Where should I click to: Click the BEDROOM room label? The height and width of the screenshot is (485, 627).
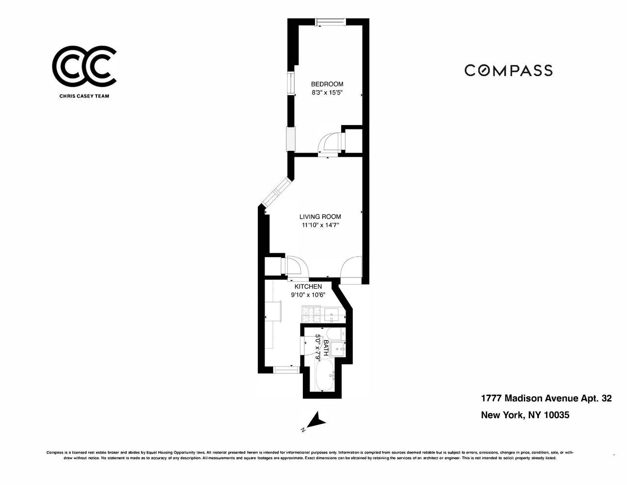[x=327, y=84]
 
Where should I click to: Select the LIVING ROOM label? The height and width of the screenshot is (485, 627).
[x=320, y=217]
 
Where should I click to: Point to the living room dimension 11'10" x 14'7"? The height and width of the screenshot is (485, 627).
[x=320, y=225]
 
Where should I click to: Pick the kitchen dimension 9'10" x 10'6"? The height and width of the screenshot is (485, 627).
[x=308, y=294]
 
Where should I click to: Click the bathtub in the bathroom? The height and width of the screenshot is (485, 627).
[x=323, y=376]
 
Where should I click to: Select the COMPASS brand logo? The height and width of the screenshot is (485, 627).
[x=508, y=70]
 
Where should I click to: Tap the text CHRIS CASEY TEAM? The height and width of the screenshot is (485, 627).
[x=84, y=96]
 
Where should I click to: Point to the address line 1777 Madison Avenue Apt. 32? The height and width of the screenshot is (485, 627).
[x=546, y=399]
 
